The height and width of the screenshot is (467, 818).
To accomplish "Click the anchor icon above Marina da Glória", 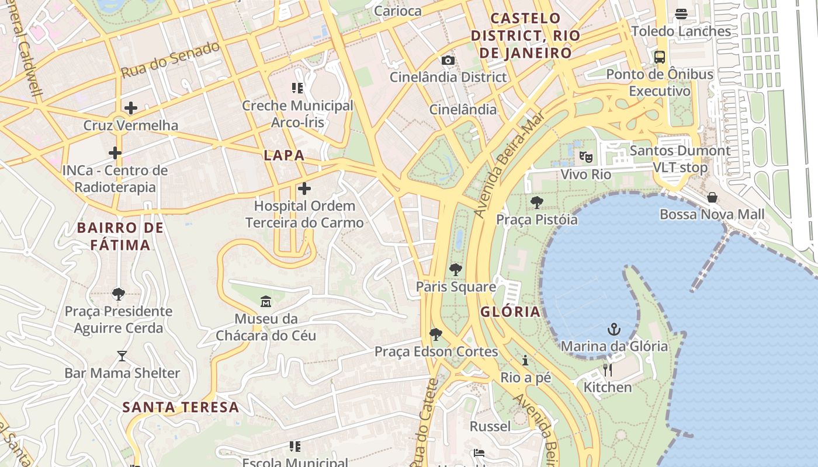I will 613,329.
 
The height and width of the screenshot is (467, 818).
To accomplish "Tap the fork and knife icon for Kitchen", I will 608,370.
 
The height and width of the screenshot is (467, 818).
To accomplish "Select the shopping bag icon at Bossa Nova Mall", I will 712,197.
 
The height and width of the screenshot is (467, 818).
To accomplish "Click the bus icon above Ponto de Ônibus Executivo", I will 659,57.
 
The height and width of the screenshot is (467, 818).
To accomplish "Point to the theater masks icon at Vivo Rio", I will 585,156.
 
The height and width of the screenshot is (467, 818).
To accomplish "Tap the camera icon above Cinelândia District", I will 448,60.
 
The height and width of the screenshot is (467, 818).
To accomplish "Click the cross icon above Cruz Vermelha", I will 131,108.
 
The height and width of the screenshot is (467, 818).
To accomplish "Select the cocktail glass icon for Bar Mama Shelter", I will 122,356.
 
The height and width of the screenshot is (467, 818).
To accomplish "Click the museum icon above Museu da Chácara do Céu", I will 266,302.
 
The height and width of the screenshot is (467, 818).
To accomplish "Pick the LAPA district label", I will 284,155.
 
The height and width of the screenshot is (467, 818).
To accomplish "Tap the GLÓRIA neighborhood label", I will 511,312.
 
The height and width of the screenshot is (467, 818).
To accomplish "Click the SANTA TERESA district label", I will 181,407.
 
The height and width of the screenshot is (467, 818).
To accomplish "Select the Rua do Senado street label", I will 170,60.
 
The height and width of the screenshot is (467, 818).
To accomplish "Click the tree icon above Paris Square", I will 456,270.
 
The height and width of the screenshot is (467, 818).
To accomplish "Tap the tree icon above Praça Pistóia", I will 536,203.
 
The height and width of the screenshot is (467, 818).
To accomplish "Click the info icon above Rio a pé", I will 525,360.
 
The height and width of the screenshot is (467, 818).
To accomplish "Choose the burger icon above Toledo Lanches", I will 681,14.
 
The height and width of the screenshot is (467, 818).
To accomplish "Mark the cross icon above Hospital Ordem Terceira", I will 304,189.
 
